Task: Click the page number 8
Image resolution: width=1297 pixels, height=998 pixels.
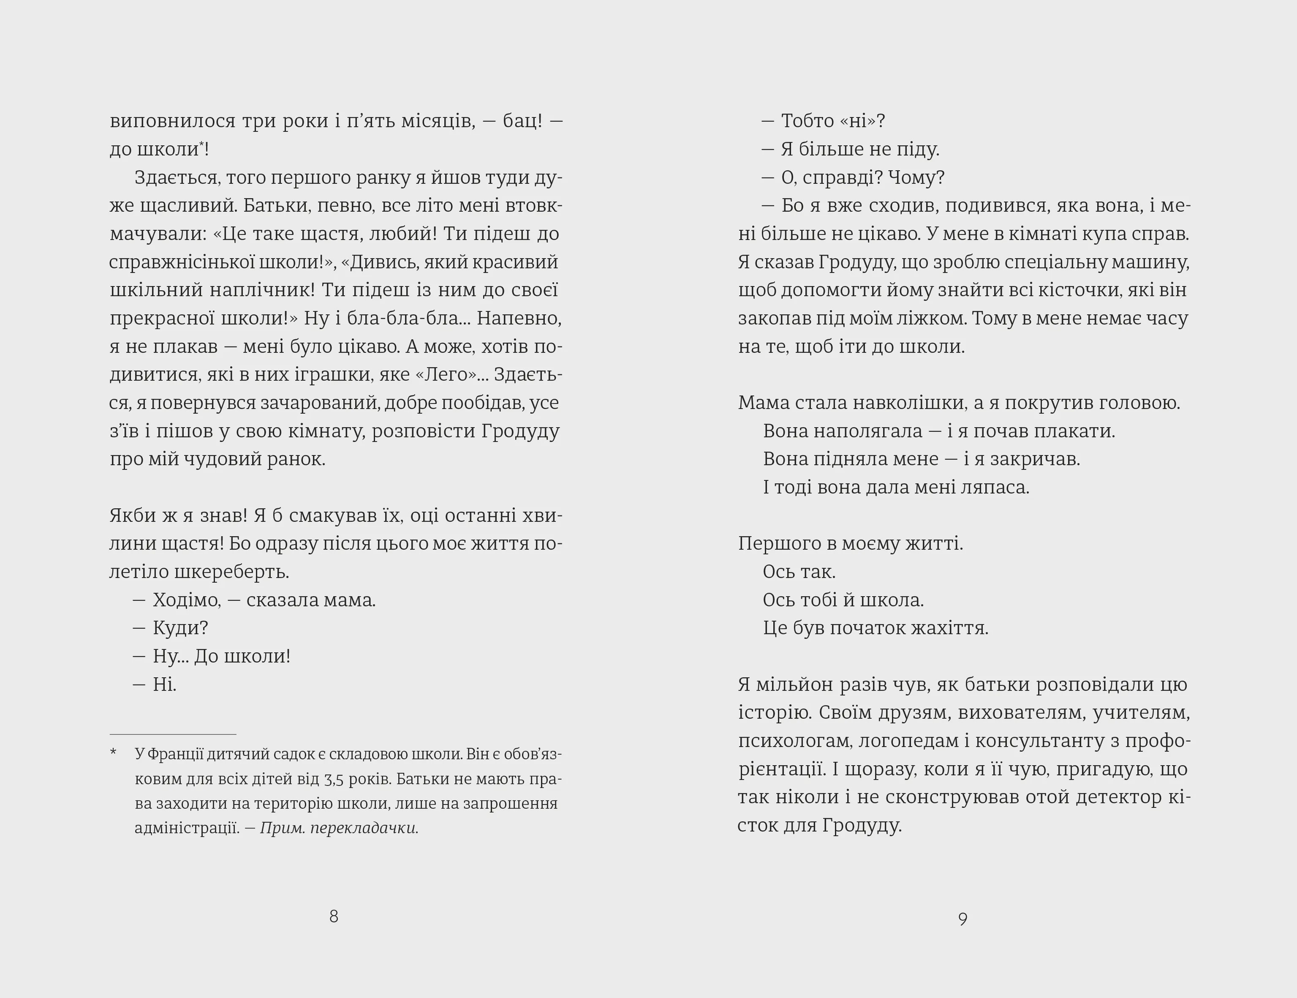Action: (x=334, y=916)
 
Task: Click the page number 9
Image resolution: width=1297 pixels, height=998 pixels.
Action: (x=963, y=919)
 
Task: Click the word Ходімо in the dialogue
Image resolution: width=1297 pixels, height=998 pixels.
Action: (x=186, y=600)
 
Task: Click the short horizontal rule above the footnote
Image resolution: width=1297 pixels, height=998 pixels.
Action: (x=173, y=734)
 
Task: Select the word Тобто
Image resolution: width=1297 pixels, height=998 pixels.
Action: (x=808, y=120)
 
